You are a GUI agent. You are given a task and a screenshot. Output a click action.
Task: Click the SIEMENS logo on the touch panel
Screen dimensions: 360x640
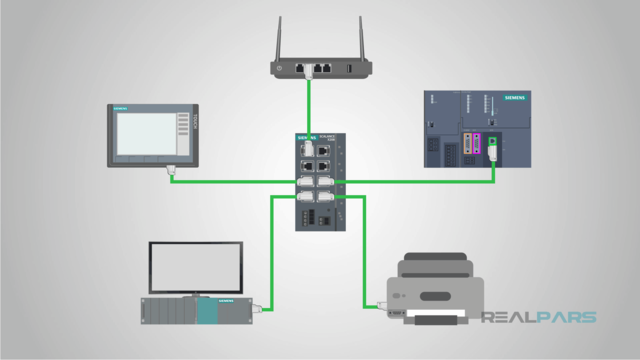pos(122,105)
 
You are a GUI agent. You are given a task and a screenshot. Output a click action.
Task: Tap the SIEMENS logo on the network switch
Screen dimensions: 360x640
pos(306,139)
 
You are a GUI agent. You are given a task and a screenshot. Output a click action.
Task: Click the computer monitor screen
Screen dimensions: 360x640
pos(195,267)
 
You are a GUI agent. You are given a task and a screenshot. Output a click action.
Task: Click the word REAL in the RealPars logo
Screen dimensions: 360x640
pos(511,319)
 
